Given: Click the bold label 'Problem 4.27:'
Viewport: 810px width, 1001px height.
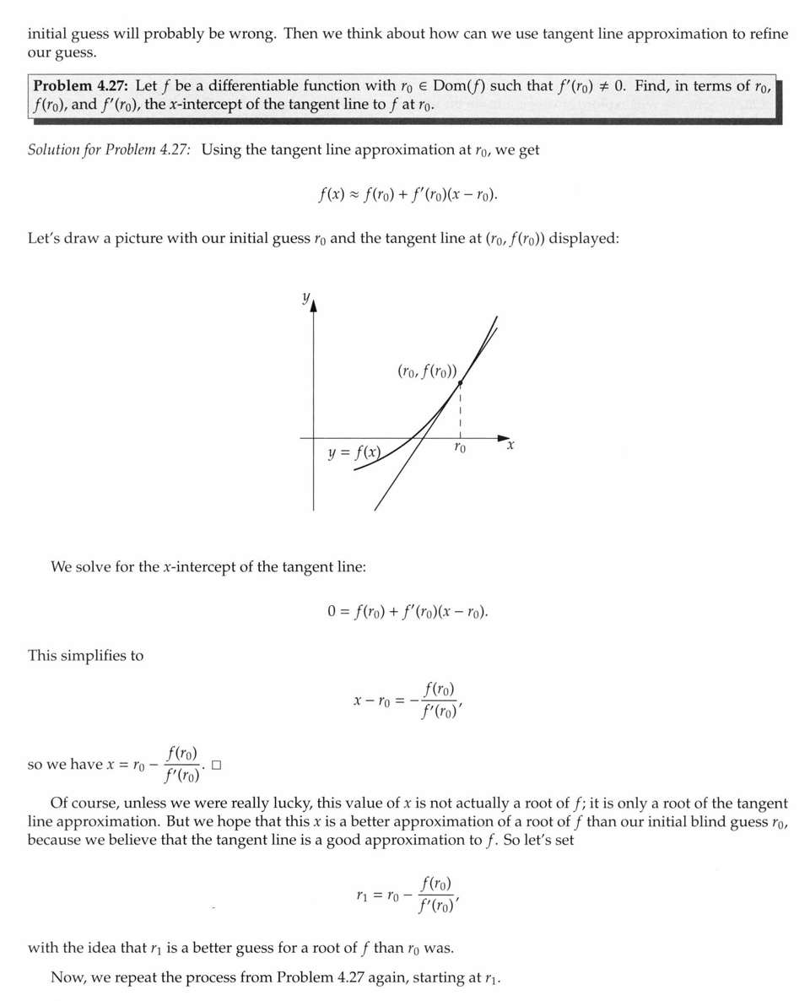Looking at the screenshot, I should tap(82, 86).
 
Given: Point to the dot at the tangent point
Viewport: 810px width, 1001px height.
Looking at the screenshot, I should tap(460, 383).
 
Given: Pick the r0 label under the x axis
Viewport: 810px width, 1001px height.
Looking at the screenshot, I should tap(459, 448).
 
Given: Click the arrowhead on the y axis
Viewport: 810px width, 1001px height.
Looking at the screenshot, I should tap(314, 306).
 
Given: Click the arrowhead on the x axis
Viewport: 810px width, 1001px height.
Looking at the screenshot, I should tap(505, 438).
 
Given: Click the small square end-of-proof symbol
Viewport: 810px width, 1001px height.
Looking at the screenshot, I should tap(217, 766).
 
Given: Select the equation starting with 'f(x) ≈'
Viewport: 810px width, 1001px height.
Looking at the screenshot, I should tap(408, 195).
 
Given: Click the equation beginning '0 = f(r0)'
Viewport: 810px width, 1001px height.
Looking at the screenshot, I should tap(408, 610).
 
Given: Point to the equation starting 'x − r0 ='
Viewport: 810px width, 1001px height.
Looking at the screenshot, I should tap(408, 701).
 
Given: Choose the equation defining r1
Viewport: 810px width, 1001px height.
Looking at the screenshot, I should tap(408, 895).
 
